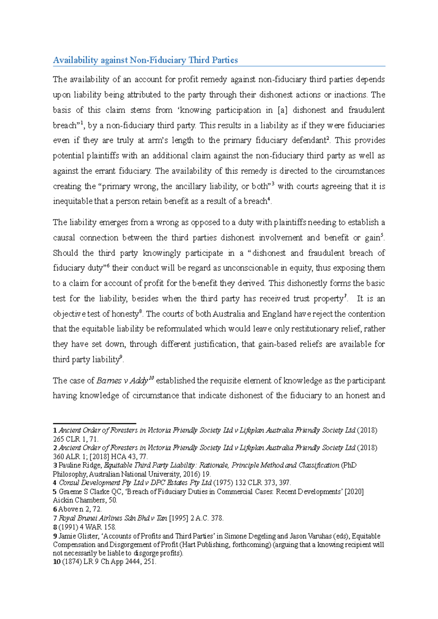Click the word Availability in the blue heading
[x=76, y=60]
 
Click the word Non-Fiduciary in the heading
[x=158, y=60]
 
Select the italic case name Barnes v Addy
[x=122, y=381]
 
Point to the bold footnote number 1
[x=55, y=431]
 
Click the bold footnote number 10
[x=57, y=562]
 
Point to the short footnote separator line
[x=95, y=424]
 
